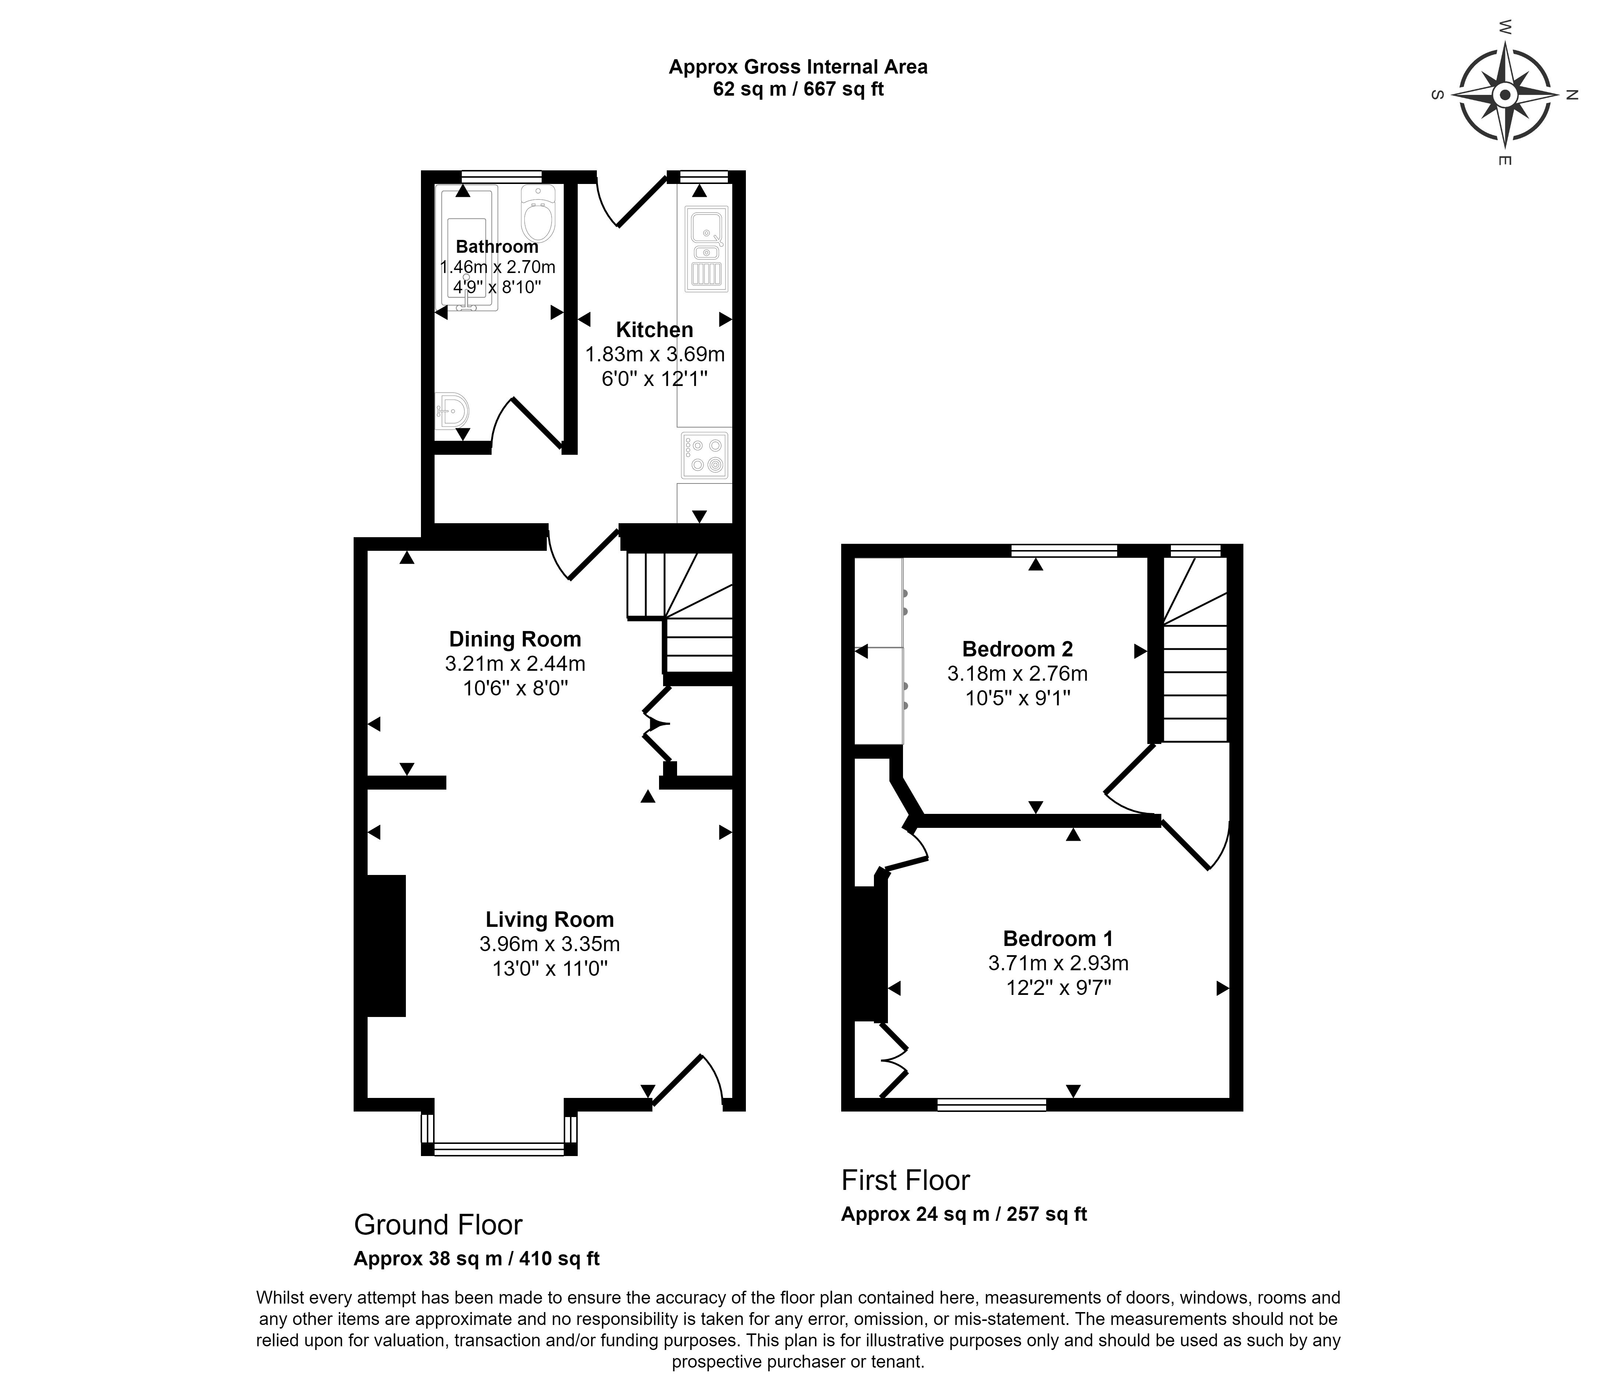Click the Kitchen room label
[655, 330]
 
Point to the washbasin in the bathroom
[452, 410]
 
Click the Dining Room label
[515, 639]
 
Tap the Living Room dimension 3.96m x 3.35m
[550, 944]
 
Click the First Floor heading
[906, 1180]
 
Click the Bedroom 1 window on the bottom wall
[991, 1104]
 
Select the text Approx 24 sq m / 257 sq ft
[964, 1214]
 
